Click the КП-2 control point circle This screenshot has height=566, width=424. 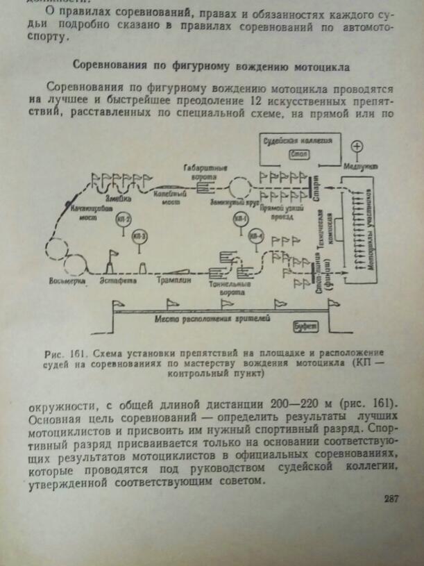tap(122, 220)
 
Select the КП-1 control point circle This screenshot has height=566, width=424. tap(240, 221)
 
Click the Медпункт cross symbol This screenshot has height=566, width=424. tap(357, 147)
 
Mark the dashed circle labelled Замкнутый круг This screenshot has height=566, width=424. tap(239, 187)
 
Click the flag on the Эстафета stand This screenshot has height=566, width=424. tap(113, 254)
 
